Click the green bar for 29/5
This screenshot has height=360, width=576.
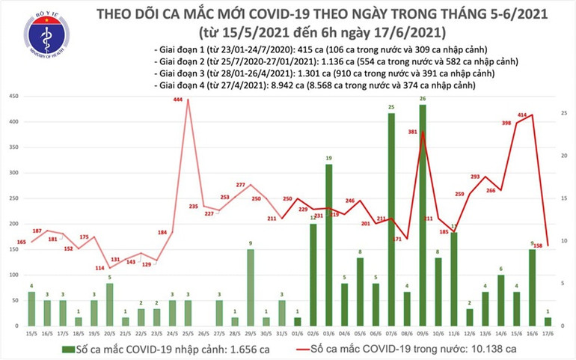(x=250, y=287)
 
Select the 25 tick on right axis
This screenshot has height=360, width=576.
(x=563, y=113)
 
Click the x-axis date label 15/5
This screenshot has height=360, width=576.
(x=31, y=334)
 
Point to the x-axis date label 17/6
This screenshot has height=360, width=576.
(x=548, y=334)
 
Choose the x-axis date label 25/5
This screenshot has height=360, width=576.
(x=188, y=334)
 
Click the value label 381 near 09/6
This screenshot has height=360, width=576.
(x=412, y=132)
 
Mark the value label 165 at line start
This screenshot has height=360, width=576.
(x=22, y=242)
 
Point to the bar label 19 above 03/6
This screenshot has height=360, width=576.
(x=329, y=158)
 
